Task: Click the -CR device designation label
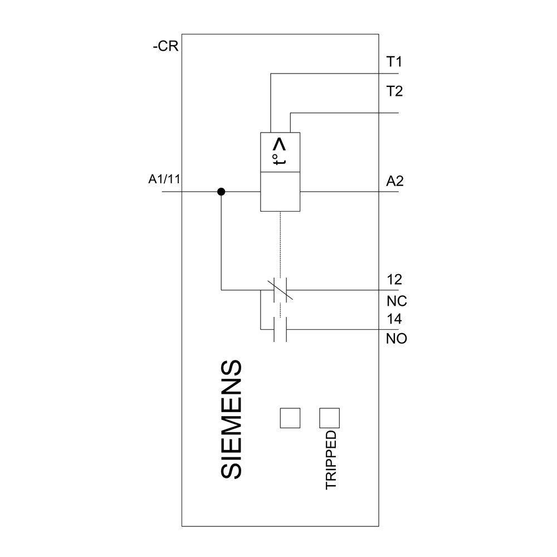click(x=165, y=47)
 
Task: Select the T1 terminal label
click(x=394, y=61)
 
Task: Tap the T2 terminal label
click(x=394, y=91)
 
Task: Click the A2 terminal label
click(x=395, y=181)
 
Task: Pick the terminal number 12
click(x=394, y=279)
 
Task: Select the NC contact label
click(x=397, y=301)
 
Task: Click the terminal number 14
click(x=394, y=320)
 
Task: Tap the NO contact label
click(x=397, y=339)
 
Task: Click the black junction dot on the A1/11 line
click(x=221, y=192)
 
